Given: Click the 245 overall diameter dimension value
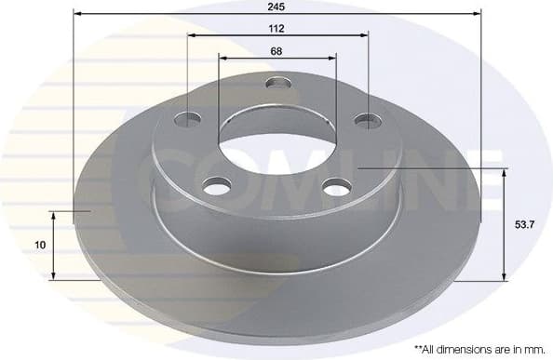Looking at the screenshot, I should [276, 6].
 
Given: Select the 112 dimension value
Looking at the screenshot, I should [276, 28].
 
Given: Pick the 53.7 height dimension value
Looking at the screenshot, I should [526, 223].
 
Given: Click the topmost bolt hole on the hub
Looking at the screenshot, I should [277, 84].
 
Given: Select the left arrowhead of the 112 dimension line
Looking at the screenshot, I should [191, 36].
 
